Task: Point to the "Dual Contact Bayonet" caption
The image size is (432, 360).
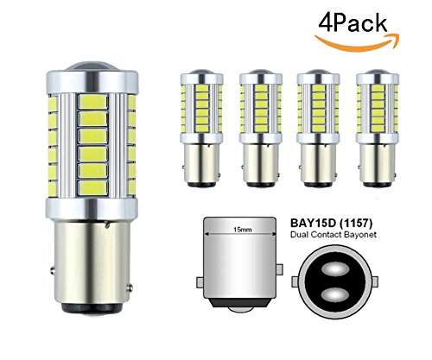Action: pyautogui.click(x=334, y=235)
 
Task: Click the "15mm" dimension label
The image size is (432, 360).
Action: pyautogui.click(x=238, y=230)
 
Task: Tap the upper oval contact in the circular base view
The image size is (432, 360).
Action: pyautogui.click(x=335, y=269)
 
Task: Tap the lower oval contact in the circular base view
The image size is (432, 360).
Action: pyautogui.click(x=335, y=295)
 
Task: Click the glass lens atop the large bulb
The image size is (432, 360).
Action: pyautogui.click(x=92, y=66)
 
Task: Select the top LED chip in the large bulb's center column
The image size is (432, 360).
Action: pyautogui.click(x=93, y=102)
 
